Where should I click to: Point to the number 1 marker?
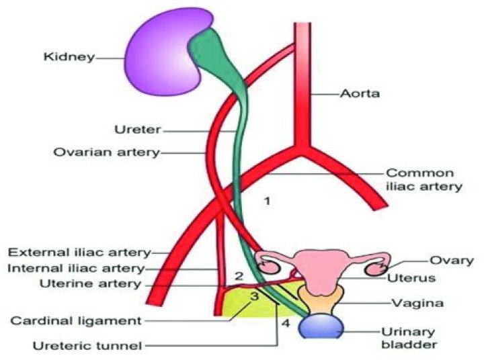pyautogui.click(x=267, y=201)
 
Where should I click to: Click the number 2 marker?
pyautogui.click(x=238, y=275)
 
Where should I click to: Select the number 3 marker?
pyautogui.click(x=255, y=296)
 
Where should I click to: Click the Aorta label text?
pyautogui.click(x=361, y=94)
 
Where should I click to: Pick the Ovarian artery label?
pyautogui.click(x=107, y=152)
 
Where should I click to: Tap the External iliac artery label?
pyautogui.click(x=78, y=253)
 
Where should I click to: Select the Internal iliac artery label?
pyautogui.click(x=78, y=269)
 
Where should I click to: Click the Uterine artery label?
pyautogui.click(x=97, y=284)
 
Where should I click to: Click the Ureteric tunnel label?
pyautogui.click(x=88, y=346)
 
